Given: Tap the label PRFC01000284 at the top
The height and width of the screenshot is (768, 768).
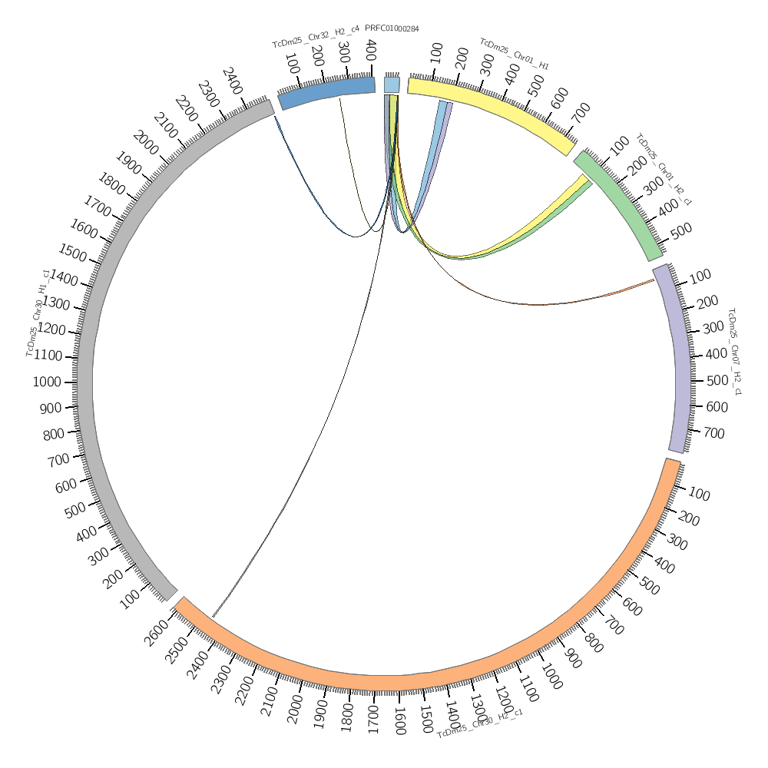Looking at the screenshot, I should point(392,29).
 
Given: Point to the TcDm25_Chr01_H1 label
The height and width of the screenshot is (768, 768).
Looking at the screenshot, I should point(514,54).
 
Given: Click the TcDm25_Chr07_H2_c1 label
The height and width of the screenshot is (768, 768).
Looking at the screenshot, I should point(733,352).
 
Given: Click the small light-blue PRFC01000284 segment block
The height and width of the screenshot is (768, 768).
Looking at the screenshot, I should point(392,84).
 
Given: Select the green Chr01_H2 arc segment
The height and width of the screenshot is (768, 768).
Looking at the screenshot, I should point(618,204).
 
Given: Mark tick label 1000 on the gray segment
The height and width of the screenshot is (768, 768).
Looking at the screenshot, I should point(47,382).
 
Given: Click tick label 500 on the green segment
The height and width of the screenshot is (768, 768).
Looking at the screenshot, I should point(681,230).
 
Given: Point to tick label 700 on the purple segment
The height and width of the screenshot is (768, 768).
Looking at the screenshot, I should point(713,434).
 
